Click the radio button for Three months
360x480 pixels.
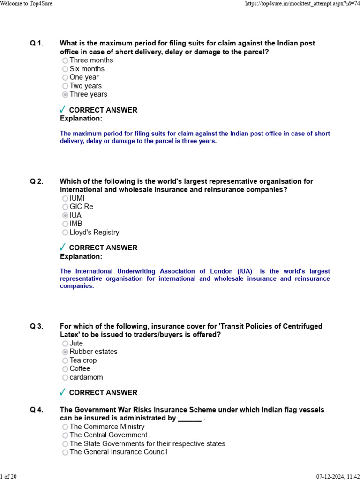(x=65, y=60)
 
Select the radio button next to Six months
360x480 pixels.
(x=65, y=69)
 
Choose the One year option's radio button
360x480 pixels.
(x=65, y=77)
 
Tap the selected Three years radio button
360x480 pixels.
(x=65, y=94)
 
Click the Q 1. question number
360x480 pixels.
(x=37, y=44)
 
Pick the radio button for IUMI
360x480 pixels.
(x=65, y=199)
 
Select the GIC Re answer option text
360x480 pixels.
(x=81, y=207)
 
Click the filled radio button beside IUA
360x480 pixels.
(x=65, y=216)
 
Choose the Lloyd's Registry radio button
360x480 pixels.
(x=65, y=232)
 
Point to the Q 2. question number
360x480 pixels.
(x=37, y=181)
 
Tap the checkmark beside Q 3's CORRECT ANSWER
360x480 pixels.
(x=62, y=392)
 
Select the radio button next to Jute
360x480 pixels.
(x=65, y=344)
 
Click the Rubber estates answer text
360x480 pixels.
(x=93, y=352)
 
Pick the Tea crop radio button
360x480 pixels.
(x=65, y=360)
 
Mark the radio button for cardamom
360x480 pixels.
(x=65, y=377)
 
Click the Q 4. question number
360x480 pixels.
(x=37, y=410)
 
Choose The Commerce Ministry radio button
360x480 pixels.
(x=65, y=427)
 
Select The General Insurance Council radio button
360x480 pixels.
(x=65, y=452)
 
